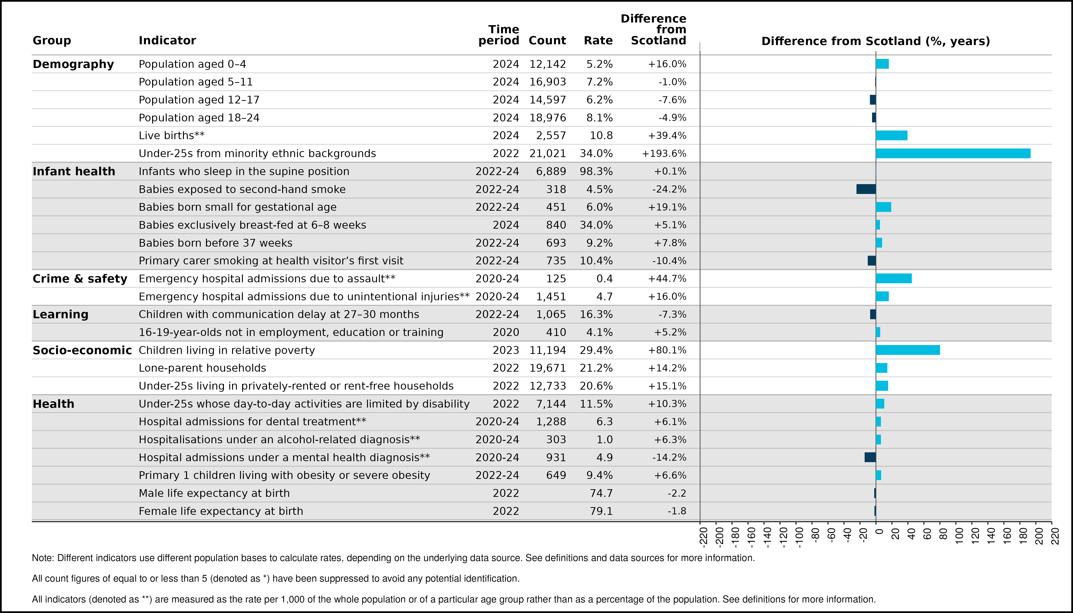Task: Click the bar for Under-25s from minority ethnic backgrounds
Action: pos(953,153)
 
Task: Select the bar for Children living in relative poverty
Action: pos(908,350)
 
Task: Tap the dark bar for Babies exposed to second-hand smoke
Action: pos(866,189)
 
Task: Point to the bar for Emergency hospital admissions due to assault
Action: pos(894,278)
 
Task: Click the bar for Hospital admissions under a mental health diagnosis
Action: pos(870,457)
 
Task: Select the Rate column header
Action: pos(598,40)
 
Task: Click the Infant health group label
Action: pos(74,171)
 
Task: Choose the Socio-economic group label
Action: pos(82,350)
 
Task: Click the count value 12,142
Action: pos(548,64)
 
